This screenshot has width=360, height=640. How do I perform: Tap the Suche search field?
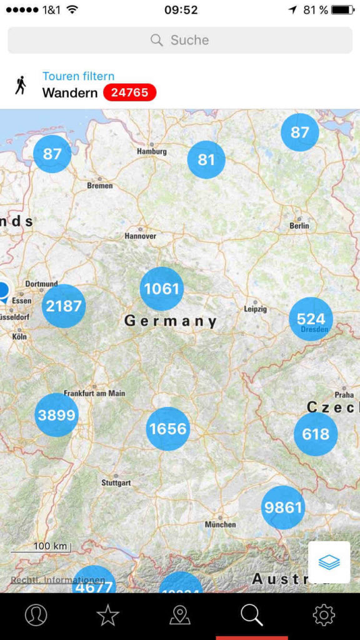[180, 40]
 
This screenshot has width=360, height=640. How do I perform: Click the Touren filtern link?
[78, 76]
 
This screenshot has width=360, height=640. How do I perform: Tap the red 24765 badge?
[129, 93]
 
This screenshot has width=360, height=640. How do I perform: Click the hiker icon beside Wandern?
[21, 85]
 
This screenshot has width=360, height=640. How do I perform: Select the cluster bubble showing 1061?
[162, 289]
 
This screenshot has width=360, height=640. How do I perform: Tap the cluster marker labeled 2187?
[64, 306]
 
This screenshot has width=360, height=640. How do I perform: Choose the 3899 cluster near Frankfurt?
[56, 415]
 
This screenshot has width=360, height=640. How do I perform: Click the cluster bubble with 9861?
[283, 507]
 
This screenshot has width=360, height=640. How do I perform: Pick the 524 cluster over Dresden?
[311, 319]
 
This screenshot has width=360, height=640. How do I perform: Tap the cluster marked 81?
[206, 160]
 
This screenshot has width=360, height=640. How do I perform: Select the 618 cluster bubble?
[316, 434]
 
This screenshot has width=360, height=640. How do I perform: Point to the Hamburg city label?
[152, 151]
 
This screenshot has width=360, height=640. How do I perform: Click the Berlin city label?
[299, 226]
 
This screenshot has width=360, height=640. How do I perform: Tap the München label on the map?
[220, 524]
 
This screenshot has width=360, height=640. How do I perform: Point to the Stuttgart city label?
[116, 483]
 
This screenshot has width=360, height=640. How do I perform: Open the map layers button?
[329, 562]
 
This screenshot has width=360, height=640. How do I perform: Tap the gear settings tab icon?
[324, 616]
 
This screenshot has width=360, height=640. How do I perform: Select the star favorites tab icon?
[108, 616]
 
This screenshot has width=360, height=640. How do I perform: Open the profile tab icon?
[36, 616]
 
